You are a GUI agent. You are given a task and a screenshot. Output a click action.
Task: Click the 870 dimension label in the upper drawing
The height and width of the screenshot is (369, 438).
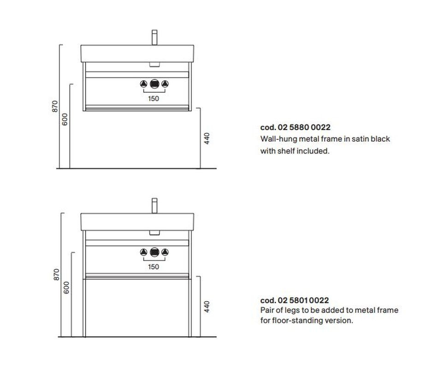[x=55, y=106]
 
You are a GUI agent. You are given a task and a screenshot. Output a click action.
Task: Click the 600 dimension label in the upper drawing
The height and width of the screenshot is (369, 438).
[x=65, y=119]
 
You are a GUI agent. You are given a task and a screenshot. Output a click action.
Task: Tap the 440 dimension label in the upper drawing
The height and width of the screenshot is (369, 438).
[x=207, y=138]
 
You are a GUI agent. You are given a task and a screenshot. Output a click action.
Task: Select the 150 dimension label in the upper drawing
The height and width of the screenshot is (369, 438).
[x=154, y=98]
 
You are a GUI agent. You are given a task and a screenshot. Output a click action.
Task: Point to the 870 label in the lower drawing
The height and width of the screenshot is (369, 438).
[x=56, y=274]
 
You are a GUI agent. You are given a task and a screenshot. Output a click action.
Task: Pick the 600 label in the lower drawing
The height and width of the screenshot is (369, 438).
[x=66, y=288]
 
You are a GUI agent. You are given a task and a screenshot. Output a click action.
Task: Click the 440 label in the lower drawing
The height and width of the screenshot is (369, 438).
[x=207, y=307]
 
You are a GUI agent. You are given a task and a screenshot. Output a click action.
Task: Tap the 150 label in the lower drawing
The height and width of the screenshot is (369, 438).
[x=154, y=267]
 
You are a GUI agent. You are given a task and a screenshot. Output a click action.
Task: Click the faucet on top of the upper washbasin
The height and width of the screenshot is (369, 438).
[x=154, y=37]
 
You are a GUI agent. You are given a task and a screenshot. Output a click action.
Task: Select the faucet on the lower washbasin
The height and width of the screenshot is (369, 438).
[x=154, y=206]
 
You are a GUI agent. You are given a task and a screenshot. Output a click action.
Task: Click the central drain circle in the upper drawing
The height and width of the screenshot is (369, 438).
[x=154, y=84]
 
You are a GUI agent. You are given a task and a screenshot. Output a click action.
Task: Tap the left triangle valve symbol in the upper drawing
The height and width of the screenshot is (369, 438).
[x=143, y=84]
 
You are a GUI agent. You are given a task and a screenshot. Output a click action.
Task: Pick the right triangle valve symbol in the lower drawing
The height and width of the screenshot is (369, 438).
[x=165, y=252]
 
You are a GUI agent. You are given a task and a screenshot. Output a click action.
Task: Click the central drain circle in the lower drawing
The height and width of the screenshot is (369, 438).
[x=154, y=252]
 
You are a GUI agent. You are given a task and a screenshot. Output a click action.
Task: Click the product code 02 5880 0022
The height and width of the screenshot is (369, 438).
[x=304, y=127]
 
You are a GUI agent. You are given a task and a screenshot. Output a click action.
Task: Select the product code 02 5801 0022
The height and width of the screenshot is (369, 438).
[x=303, y=301]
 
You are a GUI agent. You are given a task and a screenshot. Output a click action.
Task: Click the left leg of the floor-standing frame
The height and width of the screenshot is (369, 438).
[x=84, y=308]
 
